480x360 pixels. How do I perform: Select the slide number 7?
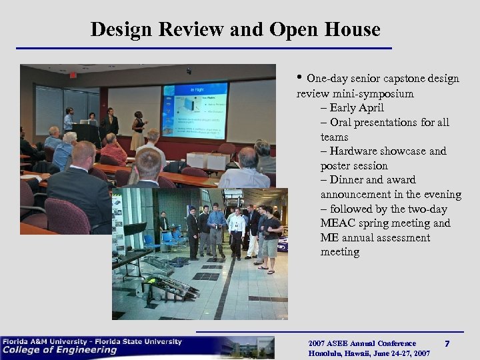tap(447, 344)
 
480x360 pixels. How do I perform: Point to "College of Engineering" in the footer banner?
tap(60, 351)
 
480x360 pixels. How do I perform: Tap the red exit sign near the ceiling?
tap(73, 75)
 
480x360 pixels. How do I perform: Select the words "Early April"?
tap(357, 108)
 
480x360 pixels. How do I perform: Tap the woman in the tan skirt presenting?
tap(137, 128)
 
